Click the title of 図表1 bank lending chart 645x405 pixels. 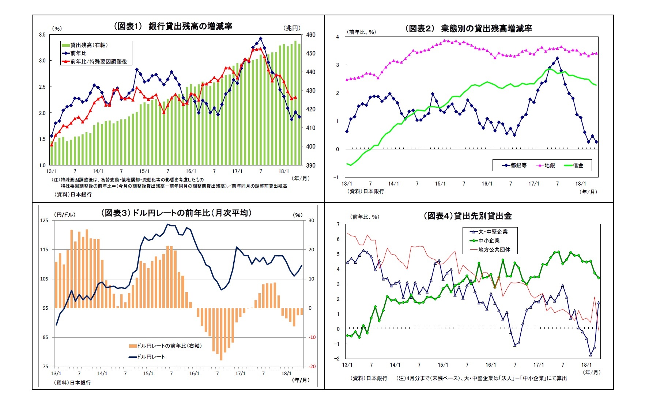(x=173, y=26)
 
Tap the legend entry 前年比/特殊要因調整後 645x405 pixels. (x=98, y=62)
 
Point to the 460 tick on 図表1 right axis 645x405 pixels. (x=310, y=35)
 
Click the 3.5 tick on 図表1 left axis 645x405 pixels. (x=42, y=35)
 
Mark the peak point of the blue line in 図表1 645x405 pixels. (x=260, y=38)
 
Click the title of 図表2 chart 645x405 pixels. (x=468, y=28)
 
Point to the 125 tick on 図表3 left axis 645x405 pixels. (x=44, y=221)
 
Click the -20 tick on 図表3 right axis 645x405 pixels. (x=312, y=367)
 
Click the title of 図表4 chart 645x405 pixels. (x=467, y=216)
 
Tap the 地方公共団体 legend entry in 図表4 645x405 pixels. (x=494, y=250)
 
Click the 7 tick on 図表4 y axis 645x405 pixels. (x=338, y=224)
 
